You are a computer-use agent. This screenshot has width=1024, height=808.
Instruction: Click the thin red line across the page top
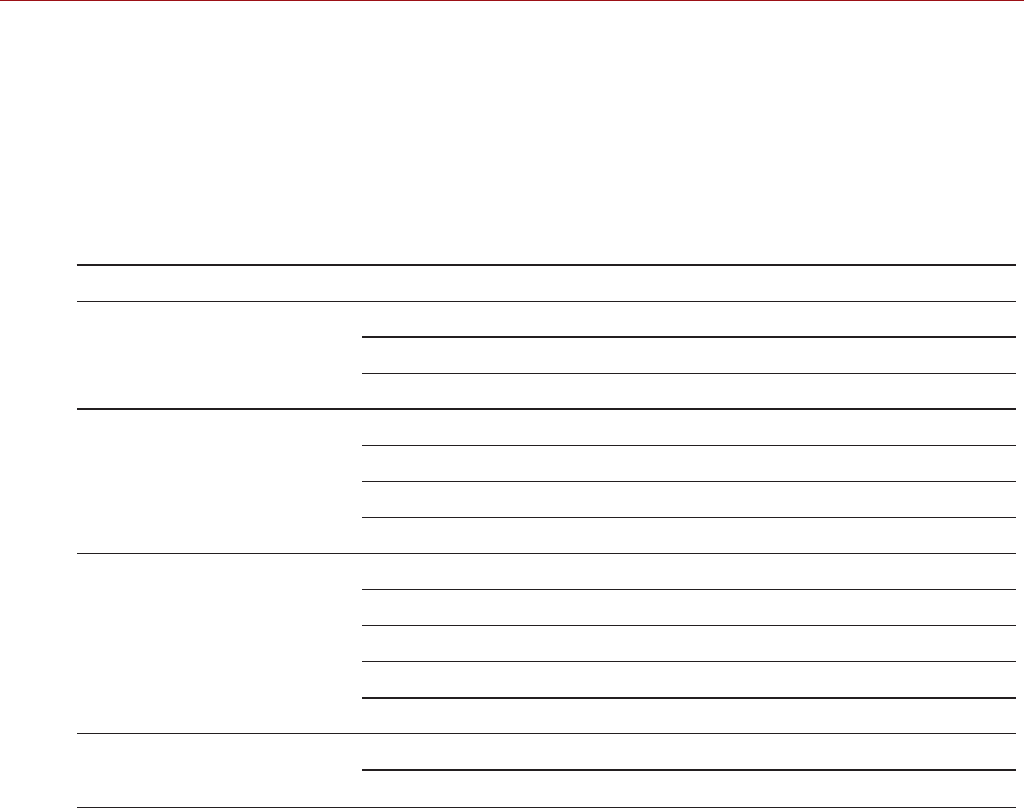point(512,1)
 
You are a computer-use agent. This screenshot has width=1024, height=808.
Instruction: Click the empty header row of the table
point(544,283)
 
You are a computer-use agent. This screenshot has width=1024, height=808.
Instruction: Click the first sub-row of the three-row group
point(689,319)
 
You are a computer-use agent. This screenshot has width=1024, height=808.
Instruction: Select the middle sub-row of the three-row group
point(689,355)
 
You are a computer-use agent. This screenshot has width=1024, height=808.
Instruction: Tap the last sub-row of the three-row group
point(689,392)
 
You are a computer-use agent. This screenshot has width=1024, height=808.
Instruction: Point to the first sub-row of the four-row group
point(689,427)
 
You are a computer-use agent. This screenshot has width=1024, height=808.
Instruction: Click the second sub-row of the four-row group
point(689,464)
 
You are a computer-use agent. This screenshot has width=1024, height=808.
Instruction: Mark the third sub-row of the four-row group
point(689,499)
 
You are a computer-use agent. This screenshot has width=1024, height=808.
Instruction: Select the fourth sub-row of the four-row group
point(689,536)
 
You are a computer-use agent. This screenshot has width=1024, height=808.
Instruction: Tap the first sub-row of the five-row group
point(689,571)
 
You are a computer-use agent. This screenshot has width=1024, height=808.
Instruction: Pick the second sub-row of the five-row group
point(689,608)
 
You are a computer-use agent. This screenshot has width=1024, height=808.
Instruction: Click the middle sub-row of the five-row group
point(689,643)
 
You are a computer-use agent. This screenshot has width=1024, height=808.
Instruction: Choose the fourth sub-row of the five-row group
point(689,680)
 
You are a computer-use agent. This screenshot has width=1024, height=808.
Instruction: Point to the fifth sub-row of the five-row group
point(689,715)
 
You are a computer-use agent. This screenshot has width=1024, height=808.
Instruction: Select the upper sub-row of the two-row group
point(689,752)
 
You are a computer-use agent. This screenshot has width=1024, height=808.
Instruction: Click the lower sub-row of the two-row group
point(689,788)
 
